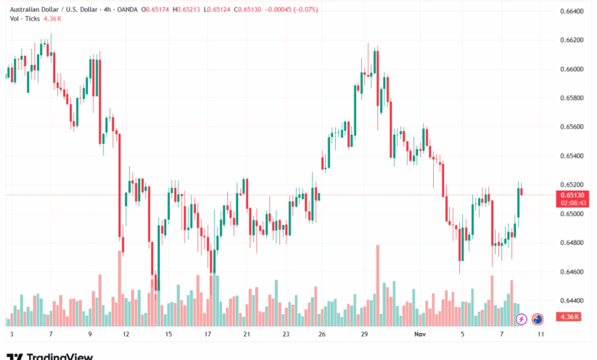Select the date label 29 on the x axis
pyautogui.click(x=366, y=335)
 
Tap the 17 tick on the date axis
pyautogui.click(x=207, y=335)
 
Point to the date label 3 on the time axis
pyautogui.click(x=11, y=335)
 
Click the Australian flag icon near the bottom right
pyautogui.click(x=537, y=319)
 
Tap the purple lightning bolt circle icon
pyautogui.click(x=520, y=319)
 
